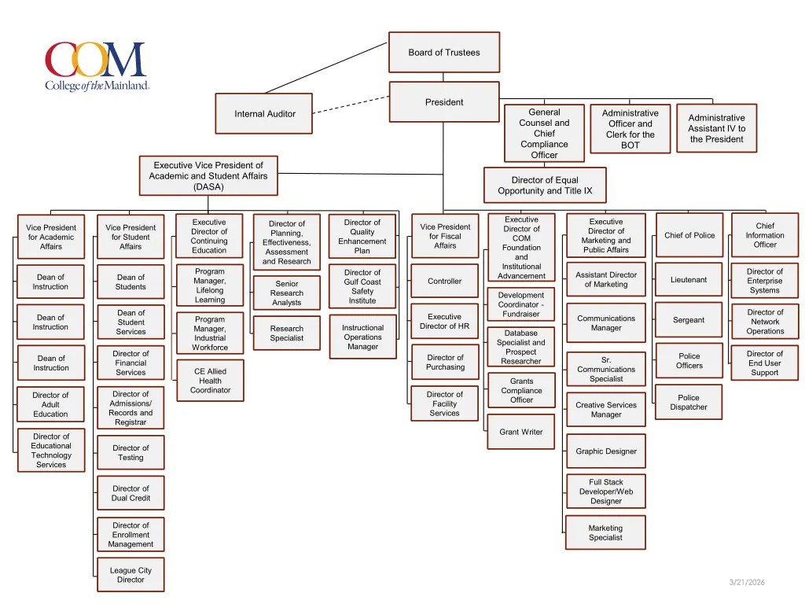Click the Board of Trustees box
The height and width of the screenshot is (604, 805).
(444, 53)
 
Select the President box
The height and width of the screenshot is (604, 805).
(444, 102)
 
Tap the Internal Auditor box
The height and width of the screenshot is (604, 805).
(265, 114)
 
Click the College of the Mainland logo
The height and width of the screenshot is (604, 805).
(97, 67)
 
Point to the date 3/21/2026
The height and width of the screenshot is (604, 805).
(746, 582)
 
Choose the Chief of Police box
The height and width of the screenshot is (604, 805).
(689, 235)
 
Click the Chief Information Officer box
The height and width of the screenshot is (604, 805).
(765, 235)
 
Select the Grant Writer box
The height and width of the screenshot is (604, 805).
(521, 432)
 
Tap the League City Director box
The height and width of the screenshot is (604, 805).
(130, 575)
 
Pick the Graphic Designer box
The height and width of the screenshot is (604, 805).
(606, 451)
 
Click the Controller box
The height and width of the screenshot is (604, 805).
(445, 281)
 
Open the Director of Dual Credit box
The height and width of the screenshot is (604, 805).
(130, 493)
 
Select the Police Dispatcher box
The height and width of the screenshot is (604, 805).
(689, 402)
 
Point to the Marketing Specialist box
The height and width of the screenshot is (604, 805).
(605, 532)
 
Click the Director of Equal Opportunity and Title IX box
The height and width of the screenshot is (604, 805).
(545, 186)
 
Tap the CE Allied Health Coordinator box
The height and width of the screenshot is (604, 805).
(210, 381)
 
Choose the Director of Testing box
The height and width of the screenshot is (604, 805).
(130, 452)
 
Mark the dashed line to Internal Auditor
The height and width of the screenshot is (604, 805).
(351, 105)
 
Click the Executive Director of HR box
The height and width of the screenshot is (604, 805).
(445, 321)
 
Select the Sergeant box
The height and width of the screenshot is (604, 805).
(689, 320)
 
